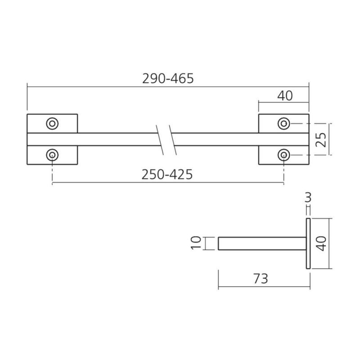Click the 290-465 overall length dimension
click(x=168, y=78)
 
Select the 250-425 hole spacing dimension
click(x=167, y=175)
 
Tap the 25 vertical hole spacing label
click(x=321, y=139)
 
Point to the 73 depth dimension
click(x=261, y=279)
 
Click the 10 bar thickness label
click(x=196, y=243)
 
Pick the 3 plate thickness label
click(x=308, y=198)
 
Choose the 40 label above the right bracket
click(x=285, y=96)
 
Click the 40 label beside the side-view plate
click(x=321, y=243)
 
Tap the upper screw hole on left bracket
click(x=52, y=124)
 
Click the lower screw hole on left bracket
click(x=52, y=155)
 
